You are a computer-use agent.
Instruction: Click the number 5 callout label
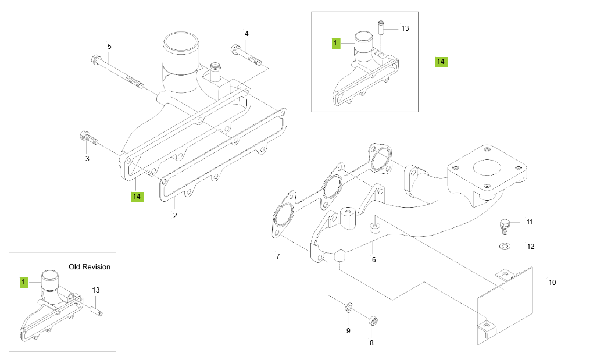[109, 46]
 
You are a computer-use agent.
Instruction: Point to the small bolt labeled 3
[88, 138]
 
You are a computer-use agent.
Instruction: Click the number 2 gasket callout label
[175, 216]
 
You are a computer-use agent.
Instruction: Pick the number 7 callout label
[277, 256]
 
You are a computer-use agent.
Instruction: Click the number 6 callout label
[374, 259]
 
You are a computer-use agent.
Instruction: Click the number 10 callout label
[552, 283]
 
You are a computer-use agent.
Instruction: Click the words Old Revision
[89, 267]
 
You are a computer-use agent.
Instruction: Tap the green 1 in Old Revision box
[24, 282]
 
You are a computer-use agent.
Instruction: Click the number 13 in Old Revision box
[96, 290]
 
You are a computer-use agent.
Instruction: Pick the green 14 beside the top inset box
[441, 61]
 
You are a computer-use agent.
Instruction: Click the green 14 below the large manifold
[137, 197]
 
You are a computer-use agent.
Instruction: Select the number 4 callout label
[246, 34]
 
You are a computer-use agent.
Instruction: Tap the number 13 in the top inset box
[405, 28]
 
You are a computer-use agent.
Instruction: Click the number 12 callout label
[530, 247]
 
